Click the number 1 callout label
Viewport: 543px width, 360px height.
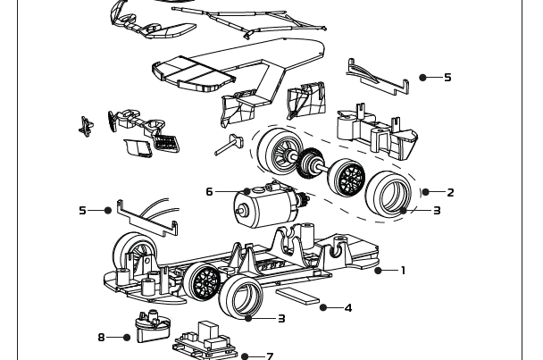(x=403, y=270)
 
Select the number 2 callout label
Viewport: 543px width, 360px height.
(x=450, y=192)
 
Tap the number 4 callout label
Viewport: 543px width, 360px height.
(x=347, y=308)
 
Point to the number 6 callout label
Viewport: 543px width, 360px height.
(x=209, y=191)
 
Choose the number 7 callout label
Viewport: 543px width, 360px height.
(x=270, y=356)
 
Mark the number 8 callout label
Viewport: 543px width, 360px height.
(x=102, y=337)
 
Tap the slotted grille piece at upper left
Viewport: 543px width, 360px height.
(x=166, y=140)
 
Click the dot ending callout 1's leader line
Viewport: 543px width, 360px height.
(x=379, y=270)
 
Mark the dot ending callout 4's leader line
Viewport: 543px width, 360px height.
(x=322, y=308)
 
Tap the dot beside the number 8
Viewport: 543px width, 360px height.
(x=128, y=337)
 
